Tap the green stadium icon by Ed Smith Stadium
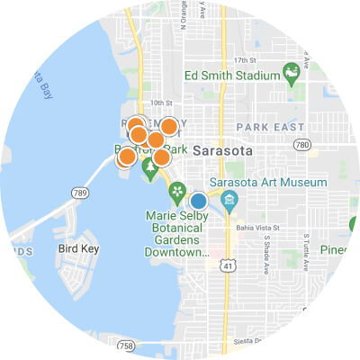(x=292, y=71)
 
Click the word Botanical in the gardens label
(x=180, y=229)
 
